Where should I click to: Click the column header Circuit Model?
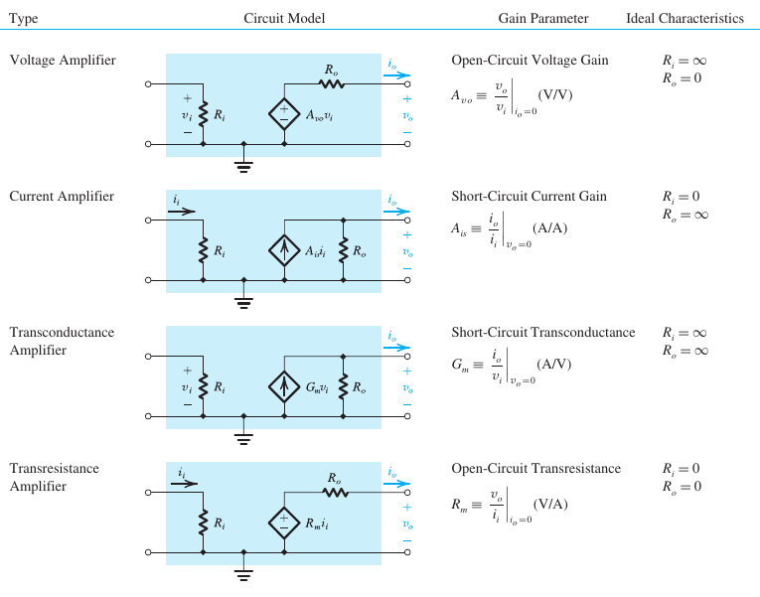coord(284,19)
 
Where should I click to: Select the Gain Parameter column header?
coord(543,19)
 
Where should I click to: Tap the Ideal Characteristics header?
coord(684,19)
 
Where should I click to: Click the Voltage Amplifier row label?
coord(63,61)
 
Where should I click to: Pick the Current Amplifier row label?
coord(62,197)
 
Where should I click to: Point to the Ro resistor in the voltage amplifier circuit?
coord(331,84)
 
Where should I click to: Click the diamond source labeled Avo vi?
coord(284,114)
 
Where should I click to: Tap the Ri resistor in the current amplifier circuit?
coord(204,249)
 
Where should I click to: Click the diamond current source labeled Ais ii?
coord(284,249)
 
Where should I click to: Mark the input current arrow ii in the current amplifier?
coord(183,211)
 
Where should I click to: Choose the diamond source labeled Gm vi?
coord(284,385)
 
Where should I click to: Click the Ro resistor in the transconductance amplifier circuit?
coord(344,385)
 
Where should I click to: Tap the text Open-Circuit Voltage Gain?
coord(530,61)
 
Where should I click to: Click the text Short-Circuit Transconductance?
coord(542,333)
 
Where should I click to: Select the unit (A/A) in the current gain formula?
coord(548,227)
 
